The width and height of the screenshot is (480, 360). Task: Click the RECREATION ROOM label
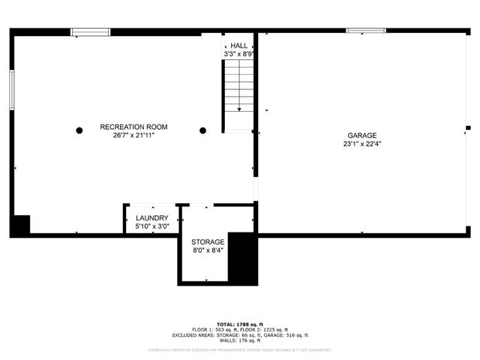coord(133,127)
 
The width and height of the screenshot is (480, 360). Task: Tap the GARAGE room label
coord(361,136)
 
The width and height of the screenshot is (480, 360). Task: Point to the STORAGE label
coord(208,242)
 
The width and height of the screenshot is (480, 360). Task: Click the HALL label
coord(239,46)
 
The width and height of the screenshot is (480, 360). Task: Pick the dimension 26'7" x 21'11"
coord(133,136)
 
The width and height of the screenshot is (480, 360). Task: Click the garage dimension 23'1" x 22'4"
coord(361,144)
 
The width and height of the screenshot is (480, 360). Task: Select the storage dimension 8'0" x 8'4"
coord(208,250)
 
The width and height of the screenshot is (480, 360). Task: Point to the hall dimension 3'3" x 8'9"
coord(239,54)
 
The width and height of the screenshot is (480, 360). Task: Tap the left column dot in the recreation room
coord(79,130)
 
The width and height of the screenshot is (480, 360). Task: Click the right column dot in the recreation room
coord(202,130)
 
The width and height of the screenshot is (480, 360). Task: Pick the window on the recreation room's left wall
coord(11,89)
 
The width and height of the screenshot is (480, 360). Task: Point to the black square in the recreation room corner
coord(21,224)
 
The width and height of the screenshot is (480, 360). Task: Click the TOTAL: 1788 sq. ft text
coord(239,323)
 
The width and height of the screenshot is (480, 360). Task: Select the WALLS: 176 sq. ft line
coord(239,340)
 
